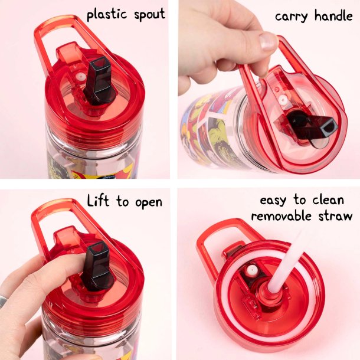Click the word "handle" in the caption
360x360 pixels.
click(333, 16)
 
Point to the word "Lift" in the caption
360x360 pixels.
click(98, 201)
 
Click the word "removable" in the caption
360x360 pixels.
click(281, 216)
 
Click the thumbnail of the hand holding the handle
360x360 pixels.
click(269, 89)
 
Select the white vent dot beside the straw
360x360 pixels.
click(251, 270)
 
